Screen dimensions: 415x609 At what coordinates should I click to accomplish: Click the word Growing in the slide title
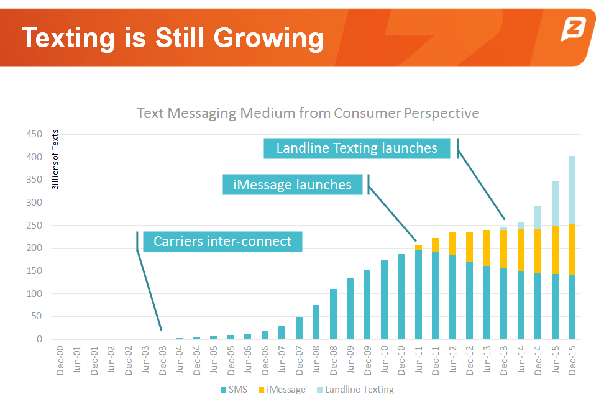268,39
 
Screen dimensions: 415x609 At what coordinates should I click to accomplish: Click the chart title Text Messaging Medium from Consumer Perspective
308,113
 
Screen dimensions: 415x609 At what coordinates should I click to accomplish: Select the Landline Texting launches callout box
356,148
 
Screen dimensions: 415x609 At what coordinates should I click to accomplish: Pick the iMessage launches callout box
292,185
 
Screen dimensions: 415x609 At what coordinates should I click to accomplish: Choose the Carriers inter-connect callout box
222,241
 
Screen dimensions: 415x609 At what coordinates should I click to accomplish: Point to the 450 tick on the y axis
34,134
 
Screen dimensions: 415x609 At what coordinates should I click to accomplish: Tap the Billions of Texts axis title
55,159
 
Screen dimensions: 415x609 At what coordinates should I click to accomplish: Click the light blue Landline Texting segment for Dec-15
572,190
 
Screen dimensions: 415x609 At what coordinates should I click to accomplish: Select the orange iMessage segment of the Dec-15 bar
572,250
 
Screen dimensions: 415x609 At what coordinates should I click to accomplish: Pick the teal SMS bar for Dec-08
333,314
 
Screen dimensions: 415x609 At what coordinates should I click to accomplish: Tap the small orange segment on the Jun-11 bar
418,247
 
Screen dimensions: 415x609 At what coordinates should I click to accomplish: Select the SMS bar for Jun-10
384,299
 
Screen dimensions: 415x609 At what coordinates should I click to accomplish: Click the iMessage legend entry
282,390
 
